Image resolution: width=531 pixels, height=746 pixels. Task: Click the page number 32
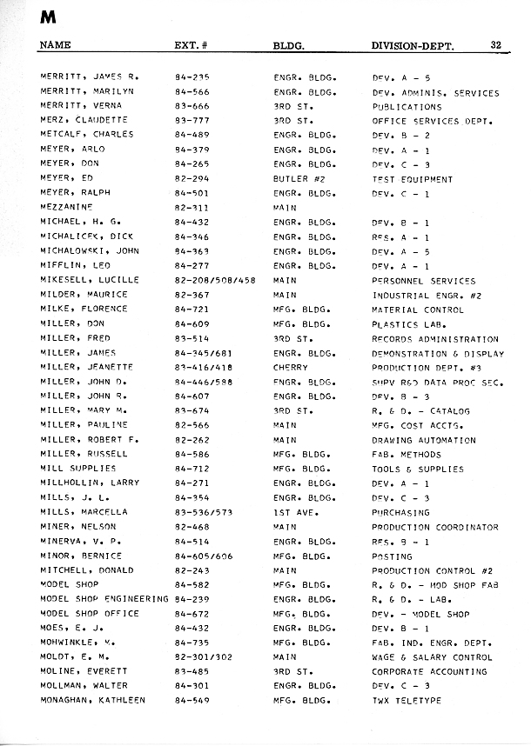(x=496, y=45)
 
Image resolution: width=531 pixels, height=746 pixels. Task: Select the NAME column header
(x=56, y=45)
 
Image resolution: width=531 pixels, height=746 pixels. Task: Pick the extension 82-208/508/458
(x=215, y=280)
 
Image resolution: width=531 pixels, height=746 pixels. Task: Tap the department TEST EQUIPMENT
(x=413, y=179)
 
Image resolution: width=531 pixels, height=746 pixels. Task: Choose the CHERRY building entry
(x=291, y=367)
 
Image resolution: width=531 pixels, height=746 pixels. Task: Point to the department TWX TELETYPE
(x=407, y=700)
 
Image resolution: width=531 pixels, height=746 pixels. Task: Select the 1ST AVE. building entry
(x=297, y=512)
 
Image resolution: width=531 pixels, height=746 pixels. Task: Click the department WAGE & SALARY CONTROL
(x=432, y=656)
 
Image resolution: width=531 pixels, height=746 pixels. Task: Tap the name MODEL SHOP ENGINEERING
(x=104, y=599)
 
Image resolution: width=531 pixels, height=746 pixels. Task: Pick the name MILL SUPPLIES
(x=78, y=469)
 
